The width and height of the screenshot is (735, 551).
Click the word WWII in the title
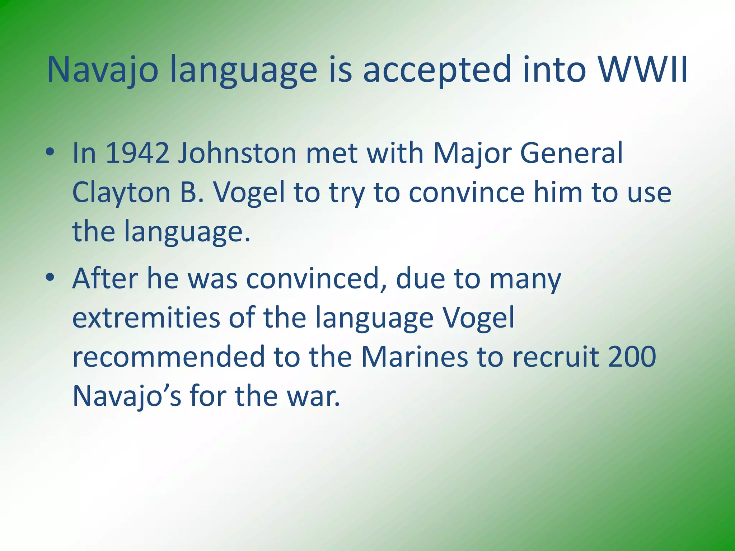pos(642,69)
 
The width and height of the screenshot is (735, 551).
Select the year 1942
pos(137,153)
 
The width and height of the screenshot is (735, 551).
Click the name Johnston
pos(237,153)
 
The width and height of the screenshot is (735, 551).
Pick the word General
pos(571,153)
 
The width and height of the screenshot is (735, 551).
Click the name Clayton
pos(121,193)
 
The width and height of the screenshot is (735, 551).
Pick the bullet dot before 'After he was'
pos(50,277)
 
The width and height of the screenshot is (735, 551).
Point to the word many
pos(525,279)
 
